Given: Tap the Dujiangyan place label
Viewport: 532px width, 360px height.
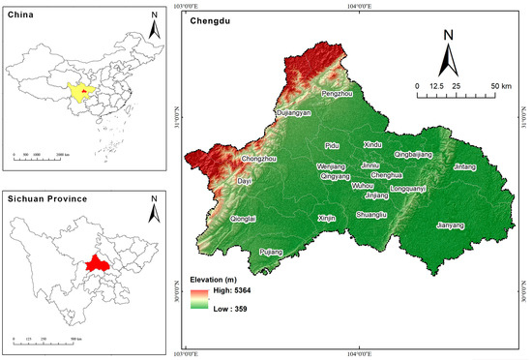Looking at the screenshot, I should tap(295, 113).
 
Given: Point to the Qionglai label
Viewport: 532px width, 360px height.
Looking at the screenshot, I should tap(244, 220).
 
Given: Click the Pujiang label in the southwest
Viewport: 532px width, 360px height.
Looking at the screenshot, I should tap(272, 252).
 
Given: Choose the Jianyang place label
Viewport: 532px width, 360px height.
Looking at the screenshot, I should tap(451, 225).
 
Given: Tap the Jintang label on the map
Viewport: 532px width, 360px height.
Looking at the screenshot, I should tap(465, 166).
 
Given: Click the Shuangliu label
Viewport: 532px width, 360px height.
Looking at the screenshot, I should tap(371, 214).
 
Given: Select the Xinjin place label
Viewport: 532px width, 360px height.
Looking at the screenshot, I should tap(326, 219).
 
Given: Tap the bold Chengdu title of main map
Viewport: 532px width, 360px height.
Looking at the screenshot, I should tap(209, 19).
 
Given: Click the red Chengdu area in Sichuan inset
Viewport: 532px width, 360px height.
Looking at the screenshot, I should tap(94, 264).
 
